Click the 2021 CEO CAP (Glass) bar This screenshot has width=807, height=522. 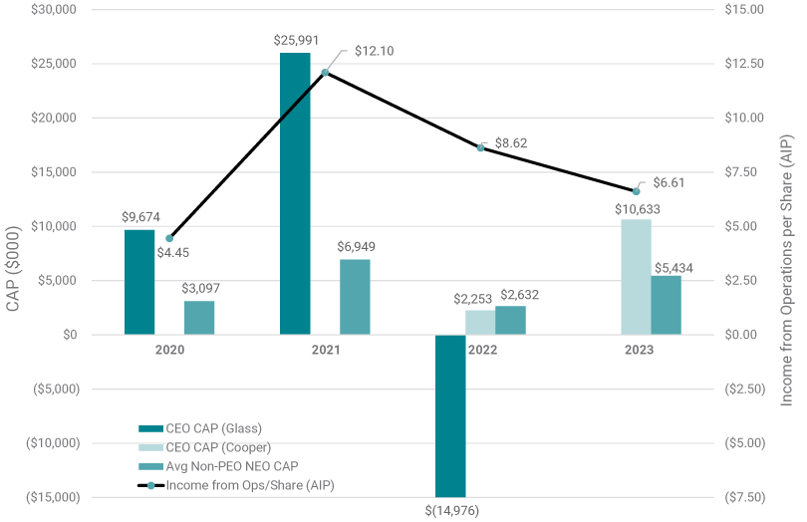(295, 193)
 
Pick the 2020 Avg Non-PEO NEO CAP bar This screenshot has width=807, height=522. (199, 318)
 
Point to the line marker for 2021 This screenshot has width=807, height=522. (325, 73)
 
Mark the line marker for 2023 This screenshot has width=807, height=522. (636, 191)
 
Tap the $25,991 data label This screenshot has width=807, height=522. (296, 40)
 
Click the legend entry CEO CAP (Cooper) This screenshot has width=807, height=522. (217, 447)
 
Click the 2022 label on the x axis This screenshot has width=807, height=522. (480, 351)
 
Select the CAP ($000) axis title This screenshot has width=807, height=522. (14, 253)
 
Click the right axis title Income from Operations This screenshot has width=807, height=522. (787, 253)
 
